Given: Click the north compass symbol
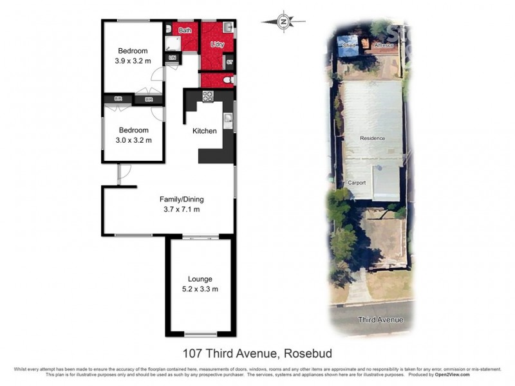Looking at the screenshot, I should [283, 21].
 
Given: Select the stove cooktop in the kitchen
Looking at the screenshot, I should [208, 96].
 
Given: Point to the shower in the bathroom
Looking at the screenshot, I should [171, 43].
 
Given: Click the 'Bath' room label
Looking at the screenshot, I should [185, 30].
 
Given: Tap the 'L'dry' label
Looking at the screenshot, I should [217, 44].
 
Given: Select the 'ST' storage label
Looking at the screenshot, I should [229, 62].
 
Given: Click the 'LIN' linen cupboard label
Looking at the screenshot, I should [172, 59].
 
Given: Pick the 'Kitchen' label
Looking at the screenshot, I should [205, 131].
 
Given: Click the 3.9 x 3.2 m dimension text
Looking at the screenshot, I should [133, 62].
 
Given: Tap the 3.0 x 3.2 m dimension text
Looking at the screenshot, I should [133, 140].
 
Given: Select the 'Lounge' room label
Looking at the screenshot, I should [200, 279].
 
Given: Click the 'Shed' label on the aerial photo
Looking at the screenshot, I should [350, 46].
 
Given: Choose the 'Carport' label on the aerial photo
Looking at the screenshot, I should [357, 183].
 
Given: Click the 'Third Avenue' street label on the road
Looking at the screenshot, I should [381, 320].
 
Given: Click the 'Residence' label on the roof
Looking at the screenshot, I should [372, 138].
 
